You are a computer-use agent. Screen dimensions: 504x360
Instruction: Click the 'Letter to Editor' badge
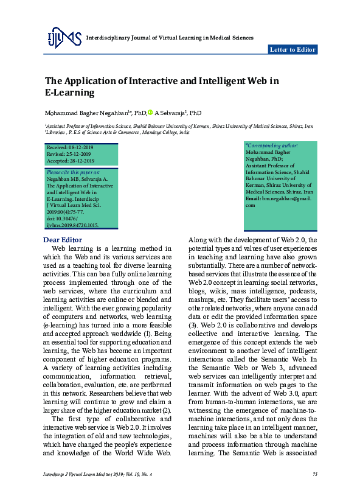pyautogui.click(x=292, y=50)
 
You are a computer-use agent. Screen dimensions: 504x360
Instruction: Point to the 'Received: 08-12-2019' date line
pyautogui.click(x=71, y=148)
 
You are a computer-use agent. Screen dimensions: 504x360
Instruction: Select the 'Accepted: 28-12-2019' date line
pyautogui.click(x=71, y=161)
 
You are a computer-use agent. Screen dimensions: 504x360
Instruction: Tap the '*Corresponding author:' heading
pyautogui.click(x=271, y=146)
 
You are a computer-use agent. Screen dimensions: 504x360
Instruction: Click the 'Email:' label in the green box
pyautogui.click(x=253, y=199)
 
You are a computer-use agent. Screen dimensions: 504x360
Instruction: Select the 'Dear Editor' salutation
pyautogui.click(x=63, y=240)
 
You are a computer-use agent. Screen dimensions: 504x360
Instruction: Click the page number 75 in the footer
pyautogui.click(x=314, y=474)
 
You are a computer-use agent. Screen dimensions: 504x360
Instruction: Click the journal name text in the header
pyautogui.click(x=170, y=38)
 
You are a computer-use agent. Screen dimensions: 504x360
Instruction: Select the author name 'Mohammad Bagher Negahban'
pyautogui.click(x=85, y=113)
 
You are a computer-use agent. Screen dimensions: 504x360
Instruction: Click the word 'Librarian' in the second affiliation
pyautogui.click(x=57, y=131)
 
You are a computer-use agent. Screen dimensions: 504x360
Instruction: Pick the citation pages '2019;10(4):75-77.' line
pyautogui.click(x=67, y=213)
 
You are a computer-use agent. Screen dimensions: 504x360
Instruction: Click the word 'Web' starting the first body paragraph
pyautogui.click(x=59, y=248)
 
